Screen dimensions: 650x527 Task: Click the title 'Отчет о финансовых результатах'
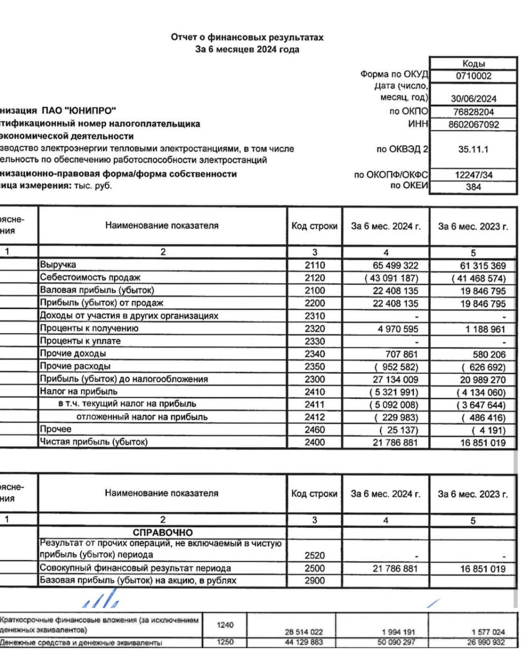247,38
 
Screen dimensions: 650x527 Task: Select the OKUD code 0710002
473,76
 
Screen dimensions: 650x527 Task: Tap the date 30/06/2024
473,99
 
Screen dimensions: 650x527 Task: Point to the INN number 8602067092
473,124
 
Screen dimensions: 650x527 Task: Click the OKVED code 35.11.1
473,149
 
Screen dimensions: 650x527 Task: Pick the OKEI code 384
473,187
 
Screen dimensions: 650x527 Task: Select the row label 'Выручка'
58,265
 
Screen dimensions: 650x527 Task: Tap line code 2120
315,278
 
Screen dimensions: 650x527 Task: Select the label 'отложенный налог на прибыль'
142,417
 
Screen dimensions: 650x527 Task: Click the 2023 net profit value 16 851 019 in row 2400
483,443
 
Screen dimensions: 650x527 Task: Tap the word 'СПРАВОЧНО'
163,533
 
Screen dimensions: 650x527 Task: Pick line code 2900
315,581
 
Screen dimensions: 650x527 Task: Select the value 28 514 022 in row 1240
303,632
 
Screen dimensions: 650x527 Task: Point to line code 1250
225,642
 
